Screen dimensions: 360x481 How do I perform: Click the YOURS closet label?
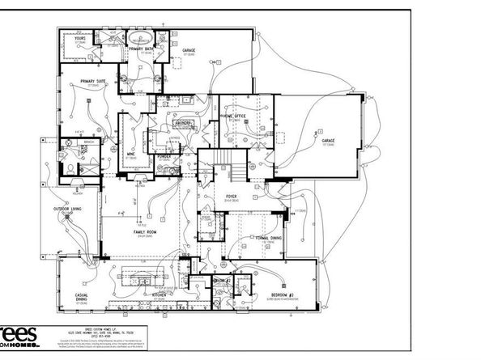[x=80, y=38]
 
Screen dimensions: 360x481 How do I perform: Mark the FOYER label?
[x=231, y=196]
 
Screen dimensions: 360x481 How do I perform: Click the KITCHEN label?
[x=160, y=296]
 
